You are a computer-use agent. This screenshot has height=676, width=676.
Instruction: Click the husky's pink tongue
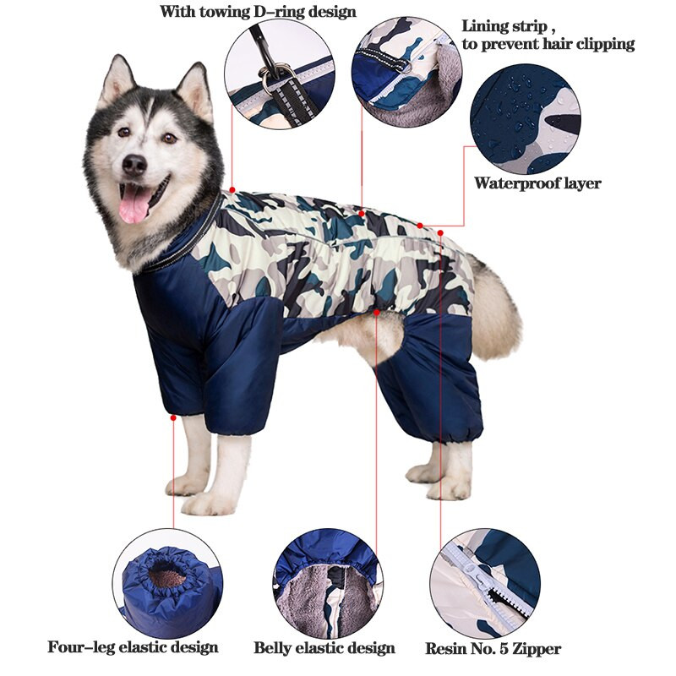(x=134, y=204)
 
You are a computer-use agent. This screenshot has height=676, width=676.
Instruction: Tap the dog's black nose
(x=134, y=165)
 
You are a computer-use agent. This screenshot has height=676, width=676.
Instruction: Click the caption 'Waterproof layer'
(x=537, y=183)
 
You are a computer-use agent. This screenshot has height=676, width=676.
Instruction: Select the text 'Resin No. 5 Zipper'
(x=493, y=649)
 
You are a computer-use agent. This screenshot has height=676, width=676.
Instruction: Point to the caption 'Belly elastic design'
(x=324, y=649)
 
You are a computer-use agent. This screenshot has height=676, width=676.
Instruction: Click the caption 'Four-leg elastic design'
(x=133, y=648)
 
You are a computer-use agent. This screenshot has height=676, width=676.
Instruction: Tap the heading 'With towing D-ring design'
(x=258, y=13)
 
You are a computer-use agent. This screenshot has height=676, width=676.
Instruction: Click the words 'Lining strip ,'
(x=506, y=26)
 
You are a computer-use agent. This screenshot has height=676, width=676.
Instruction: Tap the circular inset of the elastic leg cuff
(x=169, y=583)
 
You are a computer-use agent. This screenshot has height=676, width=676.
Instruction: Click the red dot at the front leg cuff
(x=173, y=417)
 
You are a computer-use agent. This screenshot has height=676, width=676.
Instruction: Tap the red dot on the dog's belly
(x=375, y=313)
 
